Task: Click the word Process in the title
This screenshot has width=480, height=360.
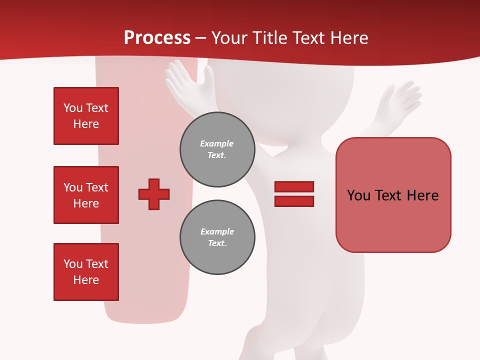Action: pos(157,38)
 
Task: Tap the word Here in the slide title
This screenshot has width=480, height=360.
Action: pos(347,38)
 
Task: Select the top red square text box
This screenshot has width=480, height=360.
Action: pos(86,116)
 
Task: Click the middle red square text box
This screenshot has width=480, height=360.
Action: pos(86,195)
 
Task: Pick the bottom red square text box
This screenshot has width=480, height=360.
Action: pos(86,272)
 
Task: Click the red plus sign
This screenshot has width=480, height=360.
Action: pos(154,194)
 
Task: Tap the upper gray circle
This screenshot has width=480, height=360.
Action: pos(217,149)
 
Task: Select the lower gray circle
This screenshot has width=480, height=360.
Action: pos(217,237)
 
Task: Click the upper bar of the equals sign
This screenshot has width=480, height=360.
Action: pos(294,187)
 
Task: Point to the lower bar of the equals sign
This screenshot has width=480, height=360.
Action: pos(294,201)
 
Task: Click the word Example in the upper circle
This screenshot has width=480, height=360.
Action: pos(216,143)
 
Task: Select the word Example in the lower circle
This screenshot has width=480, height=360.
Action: pos(217,231)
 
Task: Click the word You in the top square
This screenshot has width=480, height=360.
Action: pos(73,108)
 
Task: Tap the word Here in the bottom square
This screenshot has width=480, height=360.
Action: pos(86,280)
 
